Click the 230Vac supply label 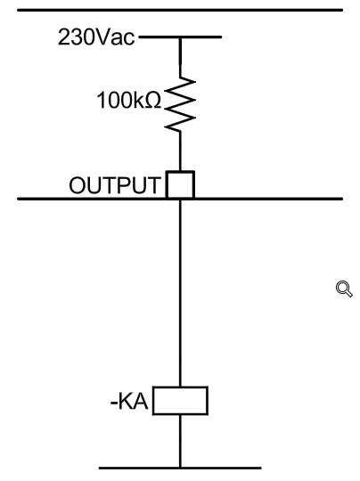[96, 37]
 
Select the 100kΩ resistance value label [128, 100]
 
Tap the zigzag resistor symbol [180, 104]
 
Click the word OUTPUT [115, 185]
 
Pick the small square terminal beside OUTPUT [180, 184]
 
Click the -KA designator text [129, 401]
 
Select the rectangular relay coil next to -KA [181, 401]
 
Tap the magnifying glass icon [344, 289]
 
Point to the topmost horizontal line [180, 10]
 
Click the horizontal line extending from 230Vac [180, 37]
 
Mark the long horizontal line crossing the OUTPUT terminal [180, 199]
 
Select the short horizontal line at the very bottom [180, 469]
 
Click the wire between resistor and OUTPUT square [180, 151]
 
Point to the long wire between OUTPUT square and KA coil [180, 293]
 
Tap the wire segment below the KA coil [180, 441]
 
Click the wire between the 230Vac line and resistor [180, 57]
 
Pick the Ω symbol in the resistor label [152, 100]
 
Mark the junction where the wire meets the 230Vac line [180, 37]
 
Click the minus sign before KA [113, 404]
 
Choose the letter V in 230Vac [102, 37]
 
